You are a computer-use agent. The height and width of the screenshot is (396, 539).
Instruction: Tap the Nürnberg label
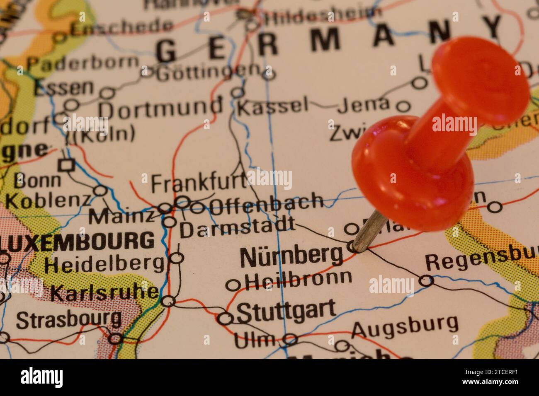coord(291,256)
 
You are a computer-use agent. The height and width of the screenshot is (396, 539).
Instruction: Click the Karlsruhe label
coord(104,293)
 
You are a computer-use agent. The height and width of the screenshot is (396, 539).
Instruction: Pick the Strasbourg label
coord(69,319)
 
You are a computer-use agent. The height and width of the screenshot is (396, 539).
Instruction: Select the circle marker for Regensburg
coord(426,281)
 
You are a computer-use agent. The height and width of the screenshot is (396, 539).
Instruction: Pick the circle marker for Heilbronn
coord(233,285)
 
